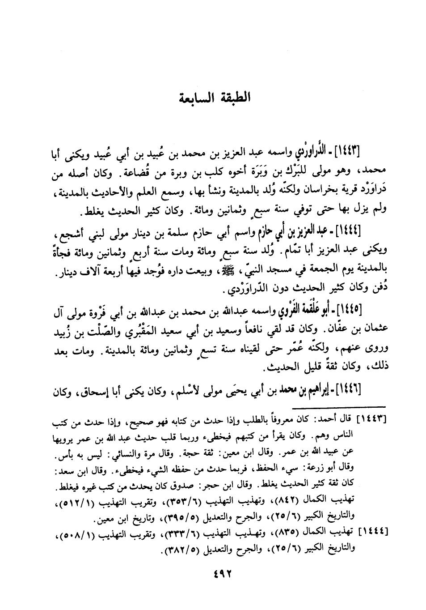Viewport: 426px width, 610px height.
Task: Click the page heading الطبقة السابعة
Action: (x=213, y=97)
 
